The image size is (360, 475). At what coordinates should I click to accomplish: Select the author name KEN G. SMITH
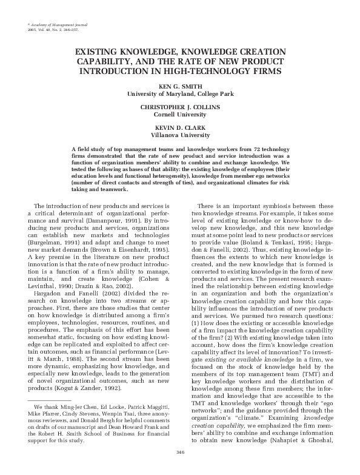[179, 87]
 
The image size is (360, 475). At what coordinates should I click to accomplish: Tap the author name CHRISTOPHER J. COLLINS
[179, 107]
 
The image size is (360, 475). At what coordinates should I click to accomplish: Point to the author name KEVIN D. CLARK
[179, 127]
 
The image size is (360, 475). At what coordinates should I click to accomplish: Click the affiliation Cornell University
[179, 113]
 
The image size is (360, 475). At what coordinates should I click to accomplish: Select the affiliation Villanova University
[179, 133]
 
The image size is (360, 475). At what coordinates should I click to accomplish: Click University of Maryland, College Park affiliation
[179, 93]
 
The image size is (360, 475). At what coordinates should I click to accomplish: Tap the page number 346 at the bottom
[179, 452]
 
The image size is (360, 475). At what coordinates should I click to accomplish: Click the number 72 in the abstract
[262, 149]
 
